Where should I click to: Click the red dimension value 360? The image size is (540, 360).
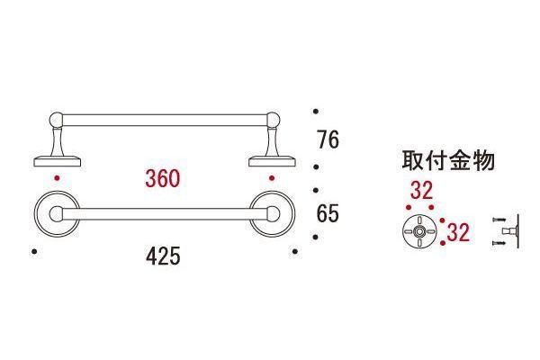(163, 178)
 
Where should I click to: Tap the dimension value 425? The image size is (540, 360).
(163, 256)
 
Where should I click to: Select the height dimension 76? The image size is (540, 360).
(328, 139)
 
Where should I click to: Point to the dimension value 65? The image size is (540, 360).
(328, 213)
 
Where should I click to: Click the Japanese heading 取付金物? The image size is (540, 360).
(448, 160)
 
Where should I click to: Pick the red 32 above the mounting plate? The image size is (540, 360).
(421, 191)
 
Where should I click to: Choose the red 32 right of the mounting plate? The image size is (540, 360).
(458, 232)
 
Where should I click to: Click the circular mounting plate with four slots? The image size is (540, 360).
(419, 231)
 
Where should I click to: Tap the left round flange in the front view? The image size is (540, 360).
(57, 214)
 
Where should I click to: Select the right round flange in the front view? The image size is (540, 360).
(272, 214)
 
